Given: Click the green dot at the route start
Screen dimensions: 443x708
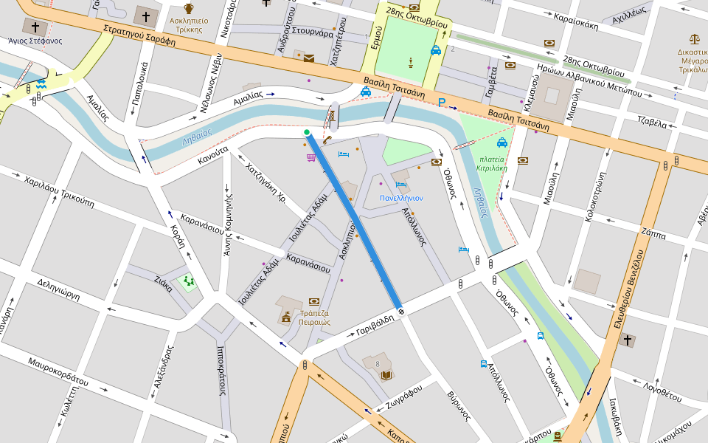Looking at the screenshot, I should click(x=307, y=133).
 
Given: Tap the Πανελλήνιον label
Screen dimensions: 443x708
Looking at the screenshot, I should click(x=401, y=198).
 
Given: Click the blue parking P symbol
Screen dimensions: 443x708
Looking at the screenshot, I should click(x=442, y=103).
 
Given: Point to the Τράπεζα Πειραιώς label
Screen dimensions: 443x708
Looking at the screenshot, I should click(x=314, y=317).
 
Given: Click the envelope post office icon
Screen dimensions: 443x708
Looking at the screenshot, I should click(x=308, y=58).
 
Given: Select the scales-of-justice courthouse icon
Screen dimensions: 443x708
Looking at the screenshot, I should click(x=694, y=38).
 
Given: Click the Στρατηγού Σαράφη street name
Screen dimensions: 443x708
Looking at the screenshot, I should click(x=139, y=36).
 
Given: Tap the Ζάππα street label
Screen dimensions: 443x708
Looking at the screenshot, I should click(x=653, y=235).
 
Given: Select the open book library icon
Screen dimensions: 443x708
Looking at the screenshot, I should click(x=386, y=375).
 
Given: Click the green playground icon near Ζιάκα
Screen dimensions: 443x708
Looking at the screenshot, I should click(x=188, y=281).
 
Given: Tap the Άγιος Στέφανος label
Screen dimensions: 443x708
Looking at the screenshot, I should click(x=35, y=41).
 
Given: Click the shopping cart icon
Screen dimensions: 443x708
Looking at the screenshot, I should click(x=312, y=158).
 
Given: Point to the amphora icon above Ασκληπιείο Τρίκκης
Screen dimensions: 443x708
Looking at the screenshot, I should click(x=189, y=8).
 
